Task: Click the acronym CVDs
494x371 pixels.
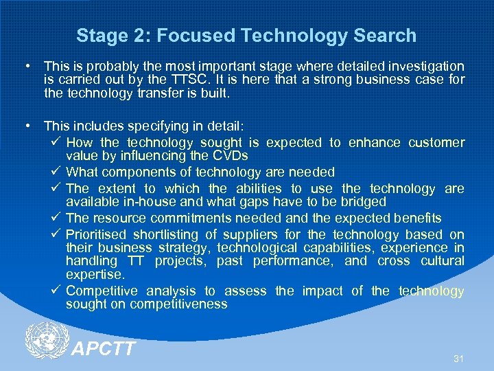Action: click(x=228, y=156)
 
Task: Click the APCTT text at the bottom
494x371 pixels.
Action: click(x=104, y=350)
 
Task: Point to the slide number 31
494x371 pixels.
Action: click(x=458, y=359)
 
